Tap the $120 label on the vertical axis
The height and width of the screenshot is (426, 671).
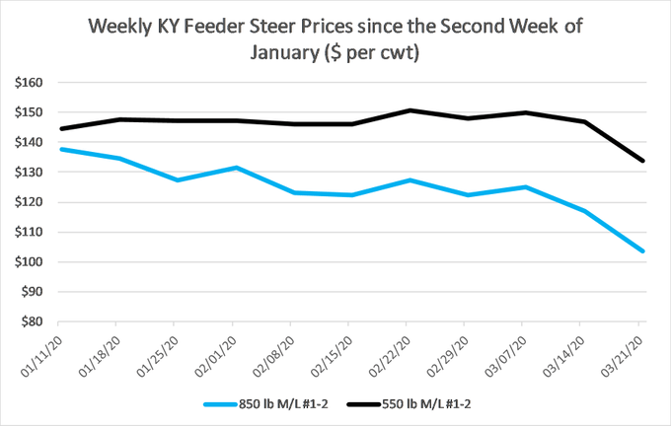[28, 202]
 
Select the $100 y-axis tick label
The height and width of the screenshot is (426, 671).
[28, 262]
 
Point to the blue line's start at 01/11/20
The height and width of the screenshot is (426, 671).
[59, 149]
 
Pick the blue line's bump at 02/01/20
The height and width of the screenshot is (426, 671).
[233, 168]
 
